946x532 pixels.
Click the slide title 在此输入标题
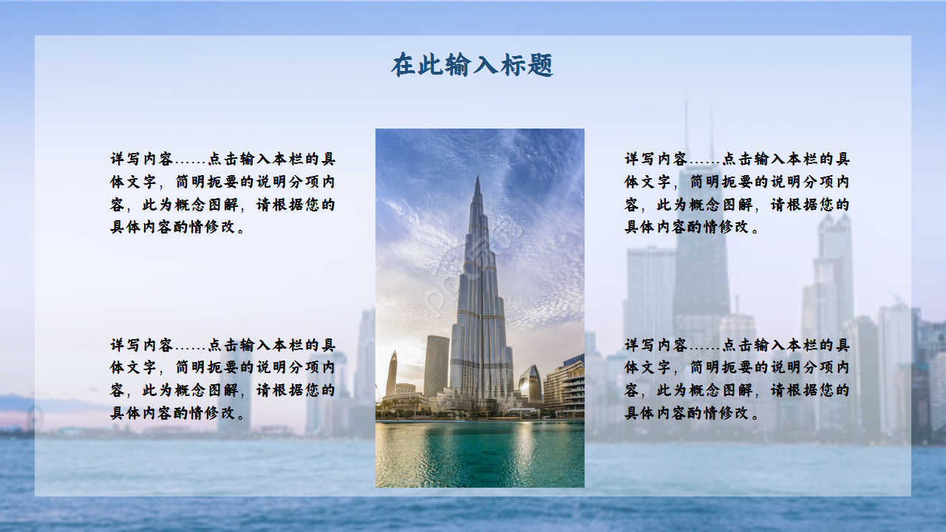(x=472, y=65)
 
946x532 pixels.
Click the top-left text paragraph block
(x=222, y=193)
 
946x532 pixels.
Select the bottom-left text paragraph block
(x=222, y=379)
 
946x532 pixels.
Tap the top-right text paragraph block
(x=737, y=193)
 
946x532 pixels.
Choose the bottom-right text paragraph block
(x=737, y=379)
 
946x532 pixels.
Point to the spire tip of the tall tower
(x=477, y=179)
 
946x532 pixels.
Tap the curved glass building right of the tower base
(x=530, y=383)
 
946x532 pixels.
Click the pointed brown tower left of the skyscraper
(x=391, y=373)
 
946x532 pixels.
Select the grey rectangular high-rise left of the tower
(x=436, y=365)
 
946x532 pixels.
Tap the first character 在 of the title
(x=404, y=65)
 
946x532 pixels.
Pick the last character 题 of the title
(x=541, y=65)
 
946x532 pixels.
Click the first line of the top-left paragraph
(x=222, y=159)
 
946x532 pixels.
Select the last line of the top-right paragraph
(x=692, y=228)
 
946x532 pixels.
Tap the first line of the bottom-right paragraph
(x=737, y=345)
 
